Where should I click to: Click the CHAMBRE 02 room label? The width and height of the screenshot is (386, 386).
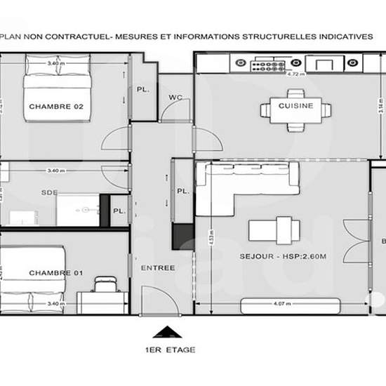click(x=56, y=107)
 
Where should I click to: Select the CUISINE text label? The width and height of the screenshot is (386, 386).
click(x=295, y=107)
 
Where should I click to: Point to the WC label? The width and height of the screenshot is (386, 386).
click(x=175, y=98)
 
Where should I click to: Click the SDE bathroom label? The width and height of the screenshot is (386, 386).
click(x=49, y=193)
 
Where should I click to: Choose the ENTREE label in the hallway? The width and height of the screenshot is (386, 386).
click(x=158, y=268)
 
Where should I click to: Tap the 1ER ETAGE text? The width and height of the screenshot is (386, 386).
click(x=166, y=349)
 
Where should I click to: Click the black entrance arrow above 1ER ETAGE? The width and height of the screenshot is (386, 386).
click(x=166, y=332)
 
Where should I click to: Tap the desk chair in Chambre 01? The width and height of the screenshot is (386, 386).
click(x=105, y=284)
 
